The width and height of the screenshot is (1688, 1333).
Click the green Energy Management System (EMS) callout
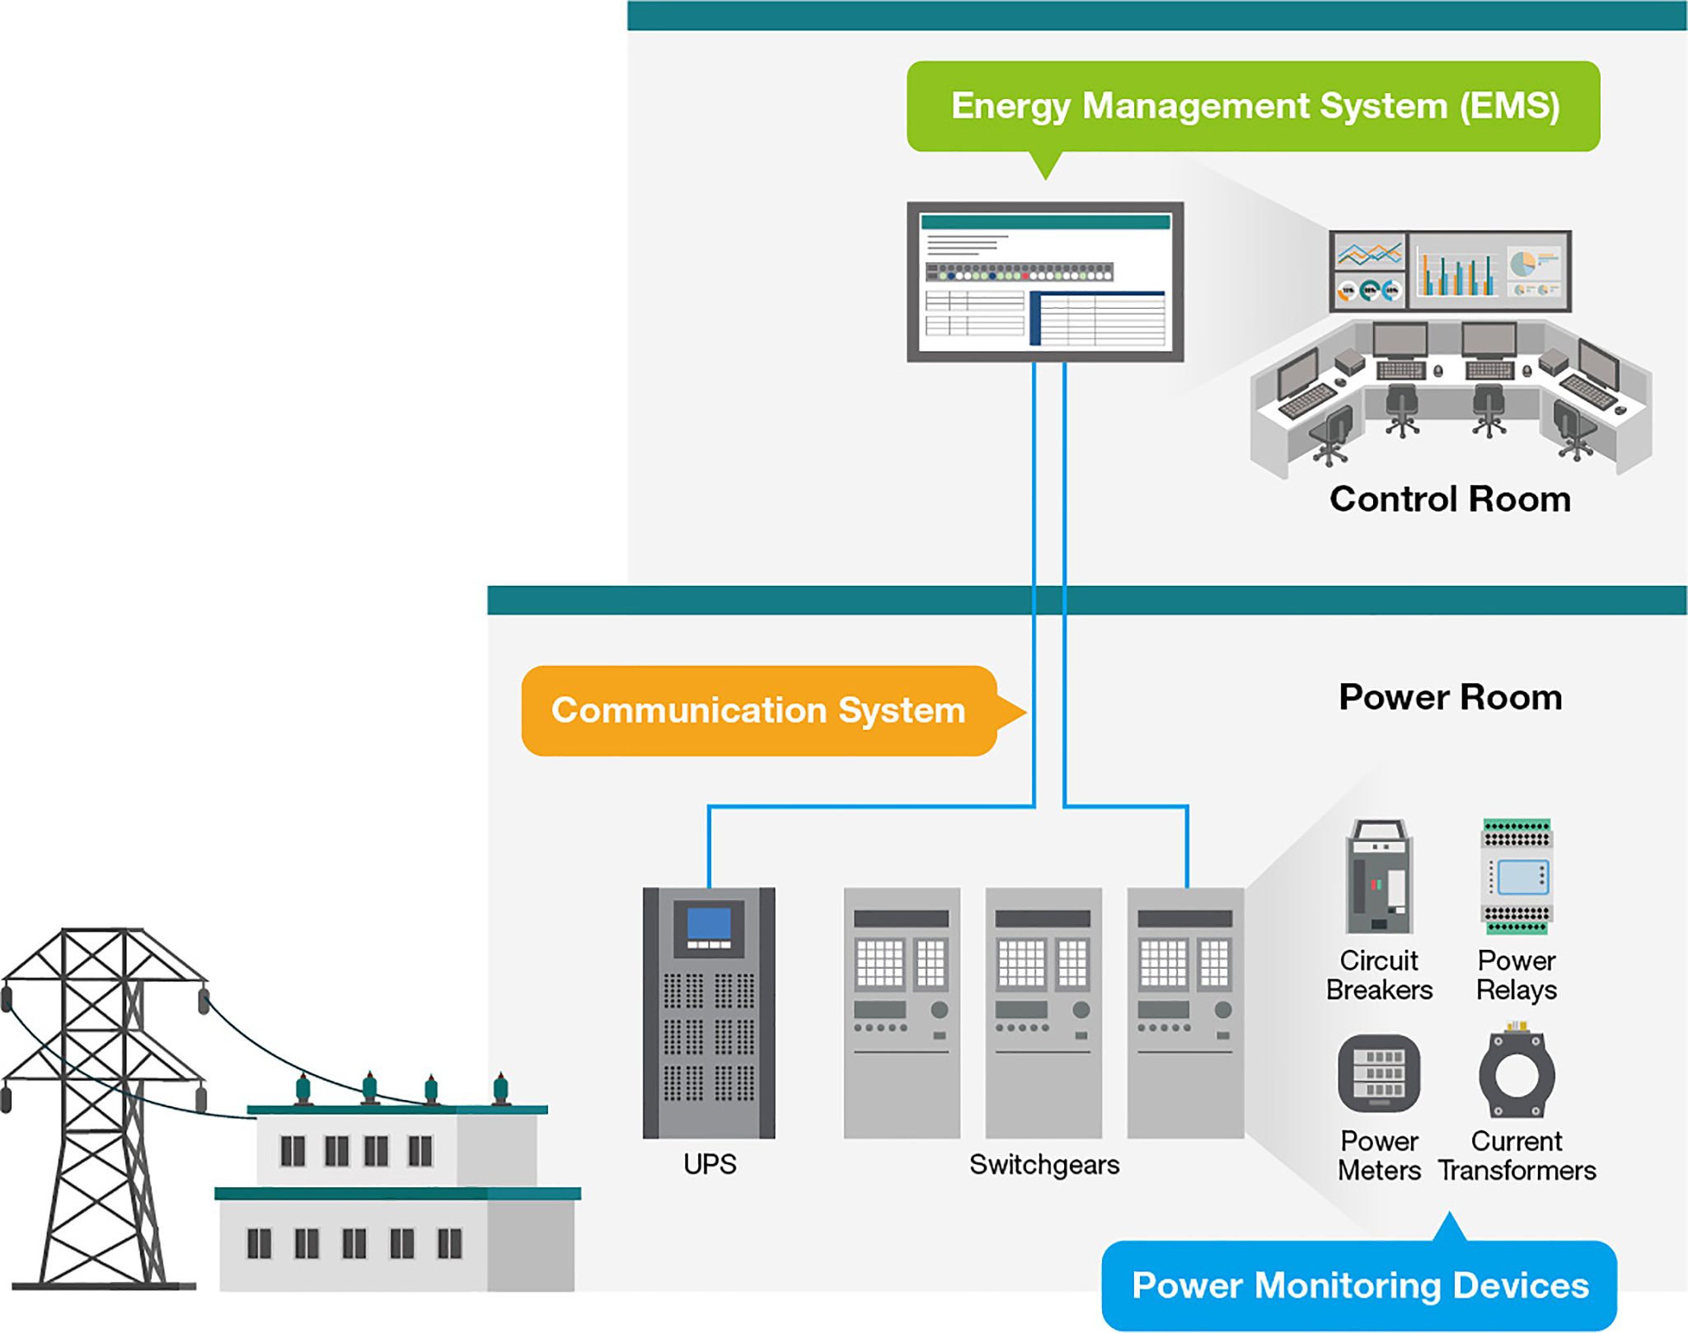[1253, 106]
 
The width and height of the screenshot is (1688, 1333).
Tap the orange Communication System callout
[758, 711]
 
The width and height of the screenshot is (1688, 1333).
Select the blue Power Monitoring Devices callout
[1360, 1285]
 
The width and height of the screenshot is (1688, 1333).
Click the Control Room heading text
[1450, 499]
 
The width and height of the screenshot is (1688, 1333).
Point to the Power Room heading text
[1450, 698]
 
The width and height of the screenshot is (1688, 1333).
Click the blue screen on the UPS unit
[709, 924]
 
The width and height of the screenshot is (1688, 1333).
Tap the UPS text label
[710, 1164]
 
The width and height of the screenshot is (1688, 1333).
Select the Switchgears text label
[1044, 1164]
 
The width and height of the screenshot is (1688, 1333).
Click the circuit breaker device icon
[1379, 877]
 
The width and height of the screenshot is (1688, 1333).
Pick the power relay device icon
[1517, 877]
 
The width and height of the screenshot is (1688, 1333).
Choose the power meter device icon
[1379, 1073]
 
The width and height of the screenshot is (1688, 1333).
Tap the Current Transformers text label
[1517, 1156]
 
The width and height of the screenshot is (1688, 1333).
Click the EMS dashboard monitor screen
[1045, 282]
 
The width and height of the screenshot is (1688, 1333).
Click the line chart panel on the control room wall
[1369, 254]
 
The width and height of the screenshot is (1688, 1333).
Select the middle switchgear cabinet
[1043, 1013]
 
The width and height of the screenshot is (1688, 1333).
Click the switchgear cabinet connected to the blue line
[1185, 1013]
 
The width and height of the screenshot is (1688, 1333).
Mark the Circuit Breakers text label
[1379, 975]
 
